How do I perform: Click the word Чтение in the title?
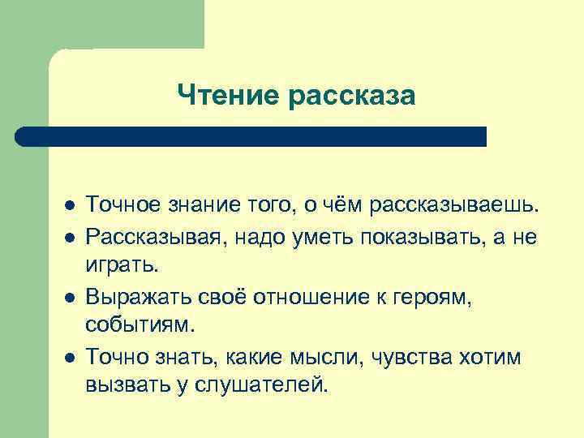pos(228,96)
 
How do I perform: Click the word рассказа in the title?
pos(350,96)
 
